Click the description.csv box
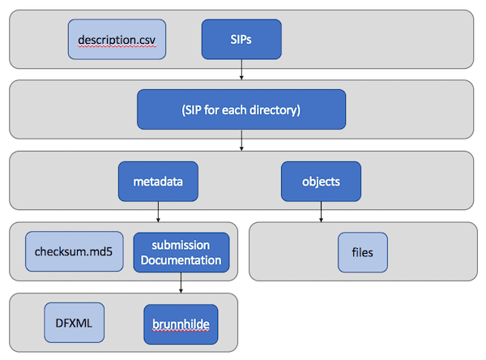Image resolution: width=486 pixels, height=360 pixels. tap(117, 40)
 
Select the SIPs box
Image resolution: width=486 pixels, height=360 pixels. tap(241, 40)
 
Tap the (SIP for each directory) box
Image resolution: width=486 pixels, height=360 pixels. tap(241, 109)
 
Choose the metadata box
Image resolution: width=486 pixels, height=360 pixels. tap(158, 182)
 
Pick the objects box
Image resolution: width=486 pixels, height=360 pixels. tap(321, 182)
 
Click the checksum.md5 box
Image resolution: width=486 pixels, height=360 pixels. tap(75, 251)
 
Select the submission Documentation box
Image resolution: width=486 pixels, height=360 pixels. tap(181, 252)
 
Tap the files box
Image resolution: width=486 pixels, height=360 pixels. tap(363, 252)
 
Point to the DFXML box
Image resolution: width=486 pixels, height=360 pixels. tap(74, 323)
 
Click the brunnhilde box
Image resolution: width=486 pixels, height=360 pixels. tap(181, 324)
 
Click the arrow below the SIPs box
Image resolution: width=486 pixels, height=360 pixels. tap(241, 70)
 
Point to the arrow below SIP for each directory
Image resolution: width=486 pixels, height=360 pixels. tap(241, 140)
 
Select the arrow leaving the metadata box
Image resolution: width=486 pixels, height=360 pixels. tap(158, 212)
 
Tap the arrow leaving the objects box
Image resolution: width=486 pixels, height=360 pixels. tap(321, 212)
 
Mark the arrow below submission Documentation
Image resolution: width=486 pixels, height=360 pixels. tap(181, 283)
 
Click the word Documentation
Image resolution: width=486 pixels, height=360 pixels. tap(181, 260)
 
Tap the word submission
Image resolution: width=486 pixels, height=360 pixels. tap(181, 246)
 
